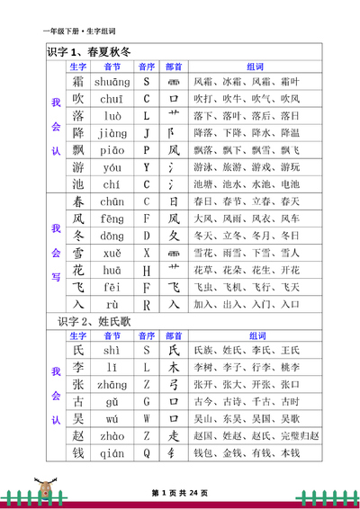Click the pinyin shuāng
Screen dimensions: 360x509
tap(112, 82)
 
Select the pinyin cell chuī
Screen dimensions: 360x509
tap(112, 99)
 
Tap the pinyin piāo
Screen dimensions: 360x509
tap(112, 150)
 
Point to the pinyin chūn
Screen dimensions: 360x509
tap(112, 201)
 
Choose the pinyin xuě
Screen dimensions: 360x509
tap(112, 253)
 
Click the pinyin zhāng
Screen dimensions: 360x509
tap(112, 384)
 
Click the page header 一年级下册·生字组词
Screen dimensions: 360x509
tap(79, 31)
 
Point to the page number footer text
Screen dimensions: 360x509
tap(179, 493)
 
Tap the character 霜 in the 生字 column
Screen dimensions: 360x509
tap(77, 82)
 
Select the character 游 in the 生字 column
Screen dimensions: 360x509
tap(77, 167)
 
